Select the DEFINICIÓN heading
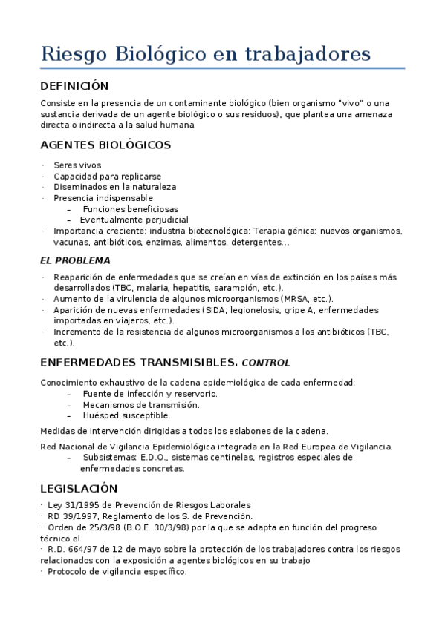point(74,86)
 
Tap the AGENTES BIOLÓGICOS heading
point(105,145)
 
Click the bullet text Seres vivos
point(77,165)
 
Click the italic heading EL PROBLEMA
point(75,260)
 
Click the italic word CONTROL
point(266,363)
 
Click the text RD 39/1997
point(73,516)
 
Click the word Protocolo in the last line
point(69,572)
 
